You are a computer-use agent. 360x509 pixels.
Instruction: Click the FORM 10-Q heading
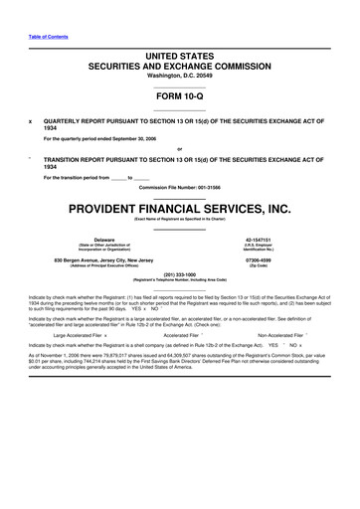179,97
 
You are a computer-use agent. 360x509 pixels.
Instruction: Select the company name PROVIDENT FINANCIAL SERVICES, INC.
180,209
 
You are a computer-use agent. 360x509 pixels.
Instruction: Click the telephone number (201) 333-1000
180,280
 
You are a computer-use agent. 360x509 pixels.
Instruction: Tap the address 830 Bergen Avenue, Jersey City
103,260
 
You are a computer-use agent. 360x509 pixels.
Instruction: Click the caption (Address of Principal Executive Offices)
103,266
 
